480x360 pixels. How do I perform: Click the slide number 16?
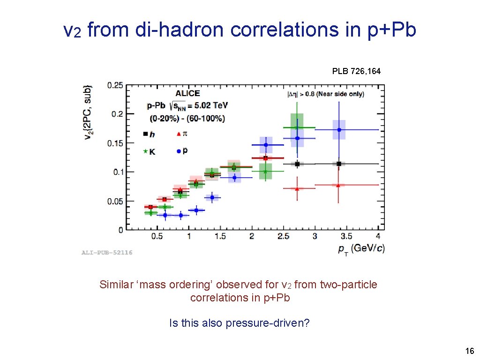pyautogui.click(x=469, y=351)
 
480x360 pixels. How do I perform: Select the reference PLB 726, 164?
pyautogui.click(x=356, y=71)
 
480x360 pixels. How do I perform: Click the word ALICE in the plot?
pyautogui.click(x=187, y=94)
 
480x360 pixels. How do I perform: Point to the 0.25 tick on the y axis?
pyautogui.click(x=115, y=85)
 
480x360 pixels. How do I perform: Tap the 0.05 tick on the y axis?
pyautogui.click(x=115, y=202)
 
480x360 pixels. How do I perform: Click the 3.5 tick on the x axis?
pyautogui.click(x=346, y=236)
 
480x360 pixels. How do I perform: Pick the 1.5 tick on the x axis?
pyautogui.click(x=220, y=236)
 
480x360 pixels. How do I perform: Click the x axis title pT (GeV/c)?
pyautogui.click(x=361, y=248)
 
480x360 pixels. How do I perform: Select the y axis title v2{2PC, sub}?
pyautogui.click(x=88, y=112)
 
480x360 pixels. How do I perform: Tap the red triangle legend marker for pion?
pyautogui.click(x=178, y=134)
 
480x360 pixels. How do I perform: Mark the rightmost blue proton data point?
pyautogui.click(x=338, y=130)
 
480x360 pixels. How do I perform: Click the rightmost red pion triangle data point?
pyautogui.click(x=338, y=185)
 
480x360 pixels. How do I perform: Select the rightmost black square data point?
pyautogui.click(x=338, y=164)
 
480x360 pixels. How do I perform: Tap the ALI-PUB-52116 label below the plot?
pyautogui.click(x=107, y=252)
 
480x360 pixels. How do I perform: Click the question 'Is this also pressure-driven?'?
pyautogui.click(x=239, y=323)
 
